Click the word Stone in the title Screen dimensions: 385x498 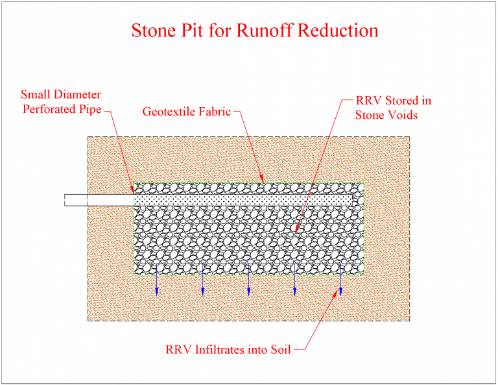pyautogui.click(x=152, y=31)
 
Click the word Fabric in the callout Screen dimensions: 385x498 pyautogui.click(x=216, y=111)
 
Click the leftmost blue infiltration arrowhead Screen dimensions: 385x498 pyautogui.click(x=156, y=292)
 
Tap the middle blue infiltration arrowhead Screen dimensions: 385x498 pyautogui.click(x=249, y=292)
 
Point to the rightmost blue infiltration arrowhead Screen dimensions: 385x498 pyautogui.click(x=341, y=292)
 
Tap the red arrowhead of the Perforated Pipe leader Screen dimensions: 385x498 pyautogui.click(x=133, y=191)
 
